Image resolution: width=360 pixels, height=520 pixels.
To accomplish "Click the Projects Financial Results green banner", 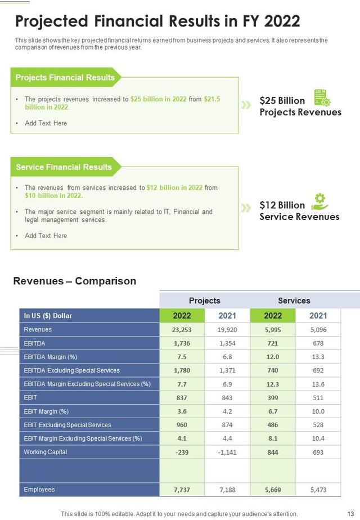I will [65, 78].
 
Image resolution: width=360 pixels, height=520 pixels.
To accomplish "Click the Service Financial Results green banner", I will [64, 167].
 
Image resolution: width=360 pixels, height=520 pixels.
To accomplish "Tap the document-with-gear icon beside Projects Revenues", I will [322, 97].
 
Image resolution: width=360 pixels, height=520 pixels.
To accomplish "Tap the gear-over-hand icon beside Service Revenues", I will [319, 201].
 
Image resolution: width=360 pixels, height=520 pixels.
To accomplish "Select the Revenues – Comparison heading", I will [74, 281].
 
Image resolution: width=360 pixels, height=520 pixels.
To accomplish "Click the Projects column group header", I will [204, 301].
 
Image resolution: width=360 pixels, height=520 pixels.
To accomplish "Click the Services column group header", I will [294, 301].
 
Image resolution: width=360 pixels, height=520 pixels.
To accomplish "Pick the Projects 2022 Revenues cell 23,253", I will [182, 330].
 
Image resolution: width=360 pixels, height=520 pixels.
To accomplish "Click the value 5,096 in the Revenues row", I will [318, 330].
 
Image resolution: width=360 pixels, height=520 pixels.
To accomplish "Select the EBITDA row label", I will [35, 343].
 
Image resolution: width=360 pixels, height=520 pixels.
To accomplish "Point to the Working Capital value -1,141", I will [227, 452].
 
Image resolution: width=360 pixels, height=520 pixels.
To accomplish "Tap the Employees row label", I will [39, 490].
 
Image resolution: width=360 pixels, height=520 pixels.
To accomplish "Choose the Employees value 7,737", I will [182, 490].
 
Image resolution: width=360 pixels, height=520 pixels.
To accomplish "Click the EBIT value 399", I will [273, 398].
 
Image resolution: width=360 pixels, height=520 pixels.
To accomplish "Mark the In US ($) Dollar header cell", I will [48, 316].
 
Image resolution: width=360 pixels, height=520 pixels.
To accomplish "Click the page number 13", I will [351, 514].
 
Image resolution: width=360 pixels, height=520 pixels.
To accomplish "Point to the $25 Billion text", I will [282, 101].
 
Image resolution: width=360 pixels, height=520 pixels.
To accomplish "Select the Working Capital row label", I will [45, 452].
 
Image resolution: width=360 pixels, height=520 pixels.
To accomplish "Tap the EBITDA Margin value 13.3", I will [318, 357].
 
